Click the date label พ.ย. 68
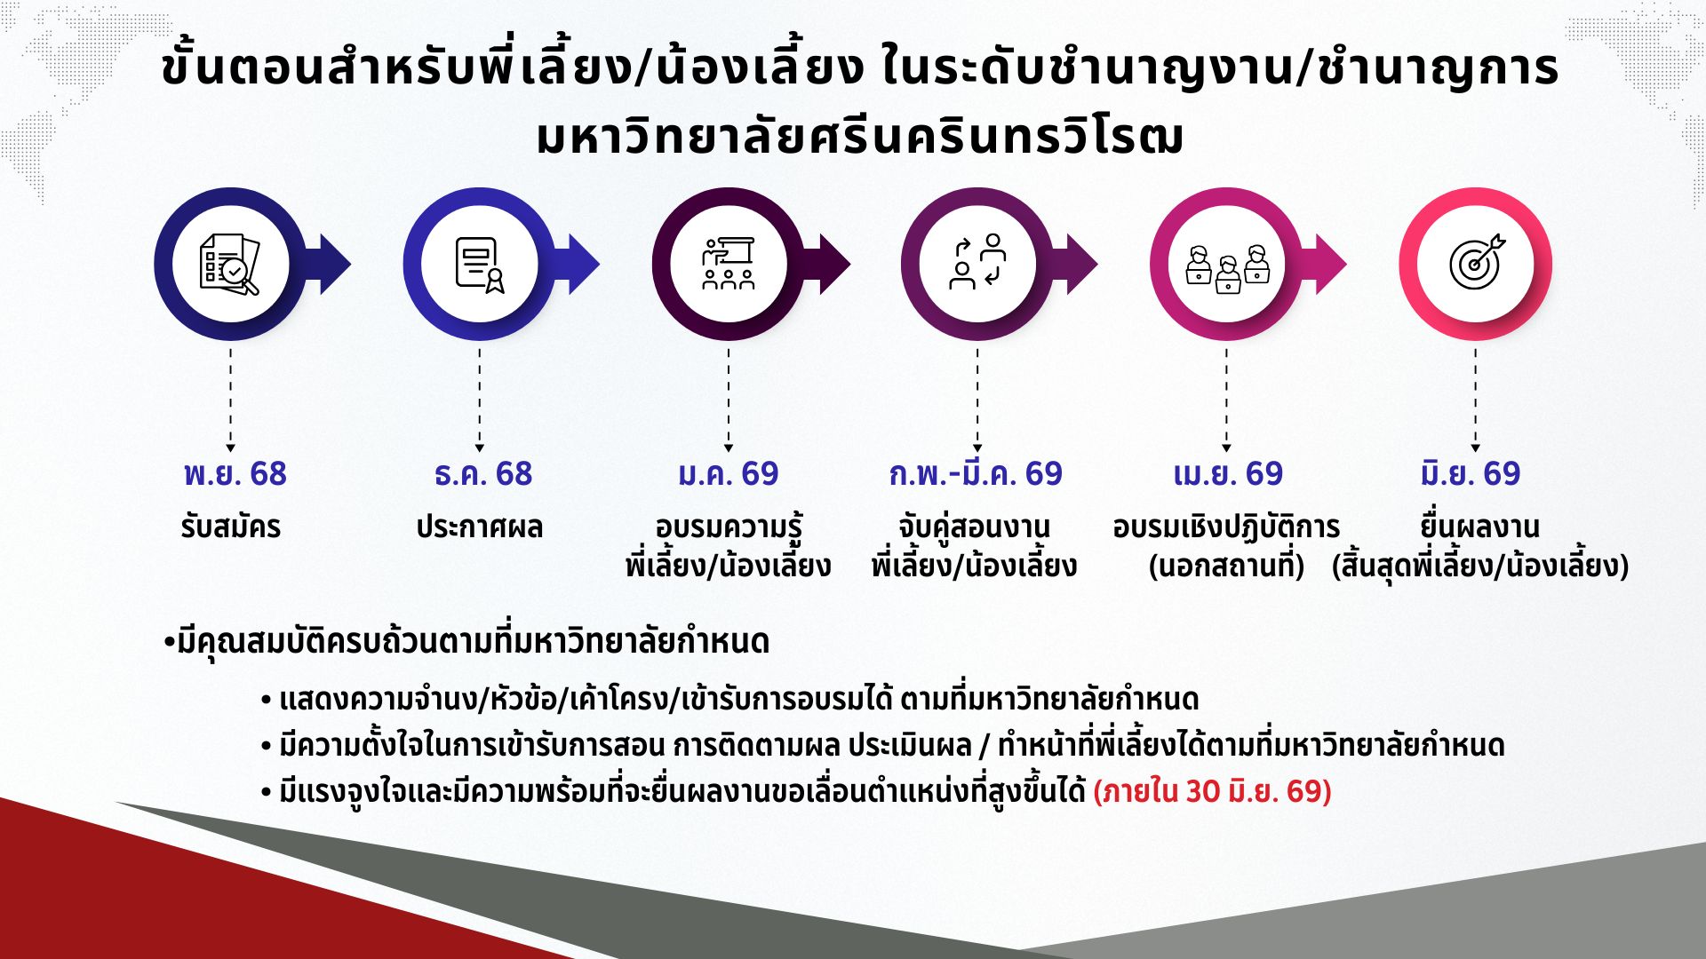coord(235,474)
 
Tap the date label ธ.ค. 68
coord(482,474)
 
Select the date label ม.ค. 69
coord(728,474)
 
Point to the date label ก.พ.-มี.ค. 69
coord(976,474)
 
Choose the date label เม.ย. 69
coord(1228,474)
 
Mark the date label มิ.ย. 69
coord(1471,474)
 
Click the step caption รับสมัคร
coord(231,527)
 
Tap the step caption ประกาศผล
coord(479,527)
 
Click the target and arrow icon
coord(1477,263)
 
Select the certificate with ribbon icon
coord(480,265)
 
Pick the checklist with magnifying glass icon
coord(229,264)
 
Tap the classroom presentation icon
coord(729,264)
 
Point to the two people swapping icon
coord(977,262)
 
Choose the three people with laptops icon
coord(1227,269)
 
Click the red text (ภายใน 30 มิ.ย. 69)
coord(1212,791)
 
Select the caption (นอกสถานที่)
coord(1226,567)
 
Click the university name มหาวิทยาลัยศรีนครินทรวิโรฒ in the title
coord(860,138)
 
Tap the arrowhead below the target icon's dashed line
coord(1476,447)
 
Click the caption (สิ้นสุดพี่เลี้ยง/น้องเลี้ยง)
coord(1480,567)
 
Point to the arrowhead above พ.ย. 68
coord(231,447)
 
